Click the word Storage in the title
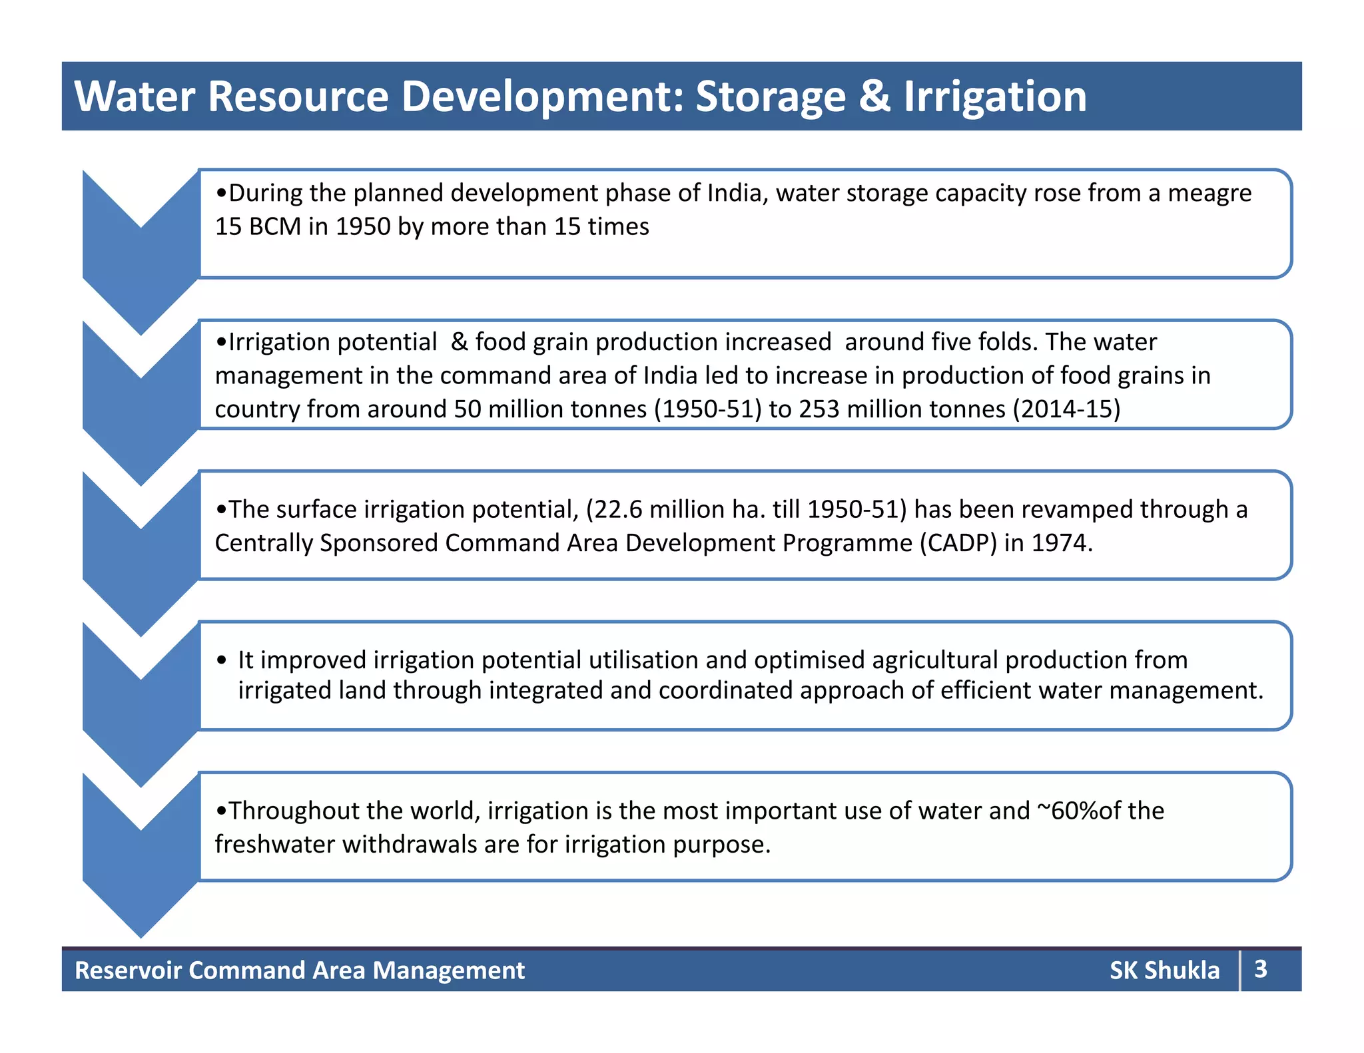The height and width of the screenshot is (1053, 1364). coord(771,97)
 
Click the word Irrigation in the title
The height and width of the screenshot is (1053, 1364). coord(995,97)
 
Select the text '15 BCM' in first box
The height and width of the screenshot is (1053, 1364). coord(258,227)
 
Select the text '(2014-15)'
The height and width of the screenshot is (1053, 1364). coord(1066,409)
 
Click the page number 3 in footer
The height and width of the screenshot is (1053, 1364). coord(1260,969)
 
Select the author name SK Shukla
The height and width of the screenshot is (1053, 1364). coord(1164,970)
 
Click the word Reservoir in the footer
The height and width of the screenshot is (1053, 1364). coord(128,970)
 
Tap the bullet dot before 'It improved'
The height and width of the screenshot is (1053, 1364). coord(222,661)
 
